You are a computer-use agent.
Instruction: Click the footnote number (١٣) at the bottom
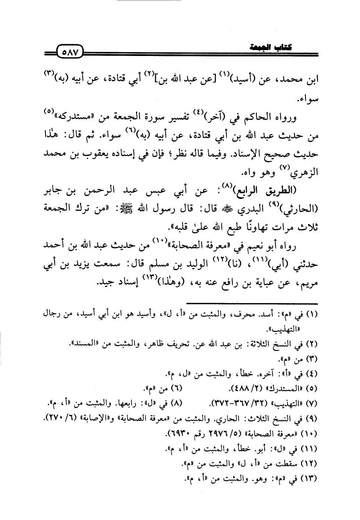(309, 479)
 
